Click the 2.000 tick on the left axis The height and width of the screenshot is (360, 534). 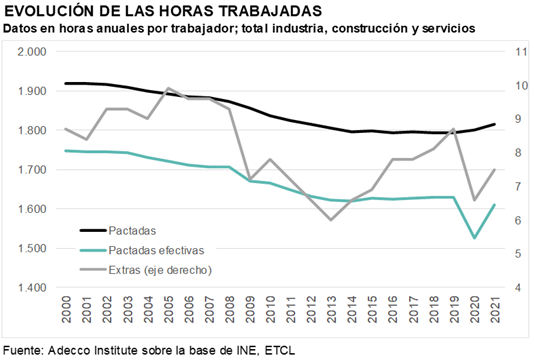coord(32,52)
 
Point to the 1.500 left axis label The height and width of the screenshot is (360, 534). coord(32,248)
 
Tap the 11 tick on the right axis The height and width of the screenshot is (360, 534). coord(521,52)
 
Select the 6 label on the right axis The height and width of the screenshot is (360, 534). coord(518,220)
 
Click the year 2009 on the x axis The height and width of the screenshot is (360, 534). coord(250,309)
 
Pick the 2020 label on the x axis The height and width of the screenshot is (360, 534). coord(475,309)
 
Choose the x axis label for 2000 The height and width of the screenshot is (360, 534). coord(66,309)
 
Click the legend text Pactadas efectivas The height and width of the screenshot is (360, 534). coord(156,250)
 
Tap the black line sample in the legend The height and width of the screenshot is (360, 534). coord(93,231)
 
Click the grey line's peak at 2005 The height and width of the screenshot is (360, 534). coord(168,88)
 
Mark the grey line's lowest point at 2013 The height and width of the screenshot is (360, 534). coord(331,220)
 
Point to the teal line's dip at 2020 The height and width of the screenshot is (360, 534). coord(474,238)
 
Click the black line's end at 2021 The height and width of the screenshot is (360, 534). coord(494,124)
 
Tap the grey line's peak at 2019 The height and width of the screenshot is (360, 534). coord(454,129)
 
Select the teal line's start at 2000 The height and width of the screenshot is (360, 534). coord(66,151)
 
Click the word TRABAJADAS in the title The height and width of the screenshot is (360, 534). coord(270,11)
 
